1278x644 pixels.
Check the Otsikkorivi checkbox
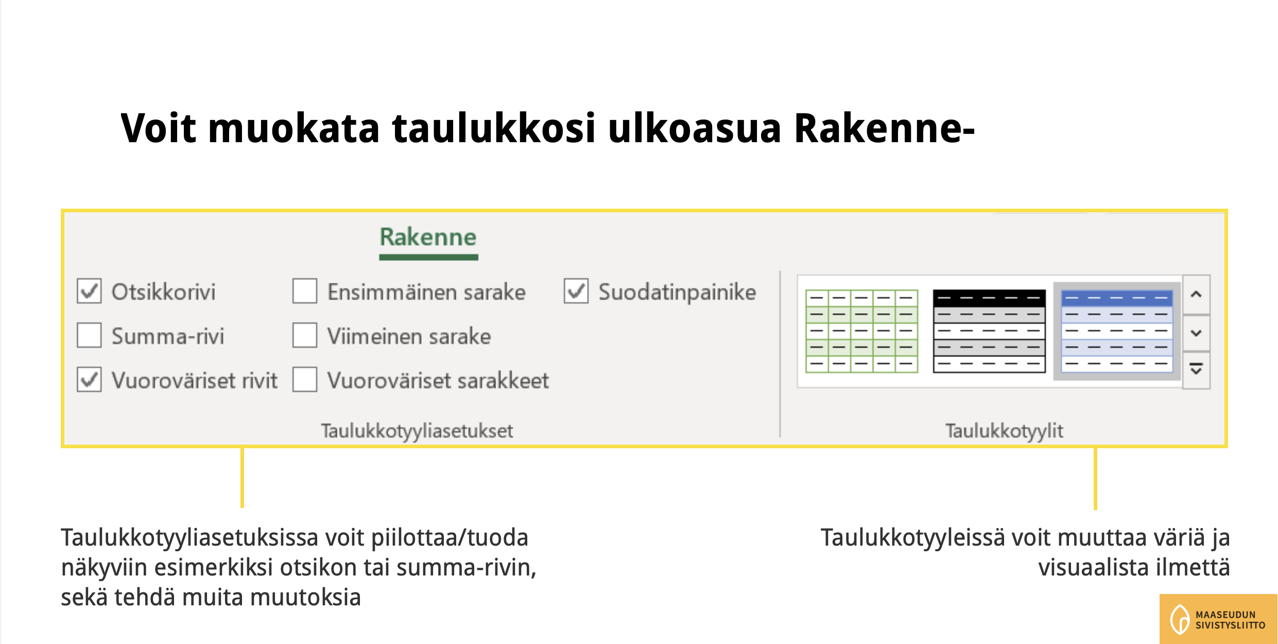(89, 291)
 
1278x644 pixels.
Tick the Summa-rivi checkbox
(89, 335)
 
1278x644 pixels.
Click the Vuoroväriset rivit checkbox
(89, 380)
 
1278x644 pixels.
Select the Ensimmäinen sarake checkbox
(305, 291)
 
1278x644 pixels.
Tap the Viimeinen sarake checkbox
(305, 335)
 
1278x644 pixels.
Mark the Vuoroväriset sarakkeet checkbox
(305, 380)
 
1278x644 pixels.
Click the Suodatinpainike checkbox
(576, 291)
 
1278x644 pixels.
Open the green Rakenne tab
(428, 238)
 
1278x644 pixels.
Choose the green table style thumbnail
(862, 331)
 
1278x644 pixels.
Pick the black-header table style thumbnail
(989, 331)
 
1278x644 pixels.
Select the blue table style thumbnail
(1117, 331)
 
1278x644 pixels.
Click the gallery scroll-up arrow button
(1196, 294)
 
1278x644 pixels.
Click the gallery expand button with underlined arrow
(1196, 369)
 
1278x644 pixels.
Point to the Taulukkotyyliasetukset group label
(417, 431)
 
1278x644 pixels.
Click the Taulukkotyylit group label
(1004, 431)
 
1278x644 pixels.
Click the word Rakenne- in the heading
(884, 128)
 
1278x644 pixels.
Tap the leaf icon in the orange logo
(1180, 619)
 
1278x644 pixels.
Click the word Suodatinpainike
(677, 292)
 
